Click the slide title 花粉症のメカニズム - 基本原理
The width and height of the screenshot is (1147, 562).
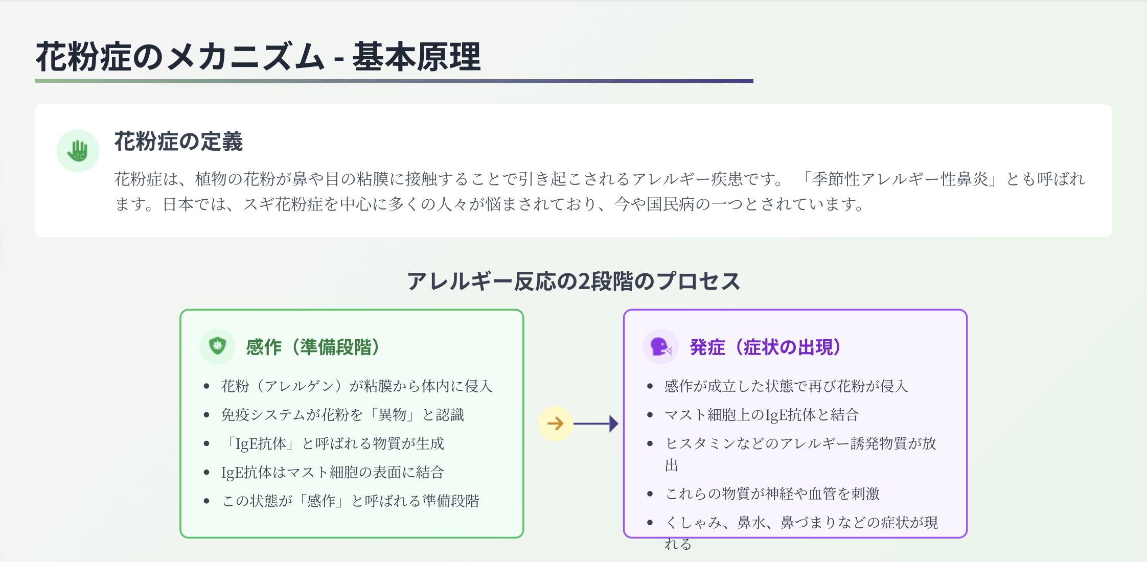pos(258,56)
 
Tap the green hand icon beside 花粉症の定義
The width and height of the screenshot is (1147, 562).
pos(78,151)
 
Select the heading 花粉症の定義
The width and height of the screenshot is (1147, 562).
pos(178,142)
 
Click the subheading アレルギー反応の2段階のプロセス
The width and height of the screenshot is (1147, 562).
pos(573,282)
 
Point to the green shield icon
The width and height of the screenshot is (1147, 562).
pos(217,346)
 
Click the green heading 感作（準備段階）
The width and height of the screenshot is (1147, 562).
pos(313,347)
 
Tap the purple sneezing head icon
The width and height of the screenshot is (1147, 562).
pos(660,346)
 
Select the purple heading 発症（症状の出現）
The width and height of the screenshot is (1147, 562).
pos(766,347)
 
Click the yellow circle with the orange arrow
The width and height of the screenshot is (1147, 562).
pos(555,423)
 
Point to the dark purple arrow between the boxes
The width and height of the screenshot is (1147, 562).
pos(596,424)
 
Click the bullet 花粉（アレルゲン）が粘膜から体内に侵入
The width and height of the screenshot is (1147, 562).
pos(357,386)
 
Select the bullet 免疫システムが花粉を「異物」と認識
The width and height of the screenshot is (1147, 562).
pos(342,414)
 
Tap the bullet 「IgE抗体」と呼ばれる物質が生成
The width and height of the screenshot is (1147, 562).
pos(334,443)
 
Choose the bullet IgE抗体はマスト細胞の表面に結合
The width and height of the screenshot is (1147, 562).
pos(332,472)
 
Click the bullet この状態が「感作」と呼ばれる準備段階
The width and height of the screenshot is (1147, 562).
pos(351,500)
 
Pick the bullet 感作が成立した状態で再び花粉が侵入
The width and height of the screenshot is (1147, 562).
pos(786,386)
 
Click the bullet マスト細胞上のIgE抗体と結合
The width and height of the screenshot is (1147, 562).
pos(762,414)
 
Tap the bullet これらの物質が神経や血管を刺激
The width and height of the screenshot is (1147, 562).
pos(772,493)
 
